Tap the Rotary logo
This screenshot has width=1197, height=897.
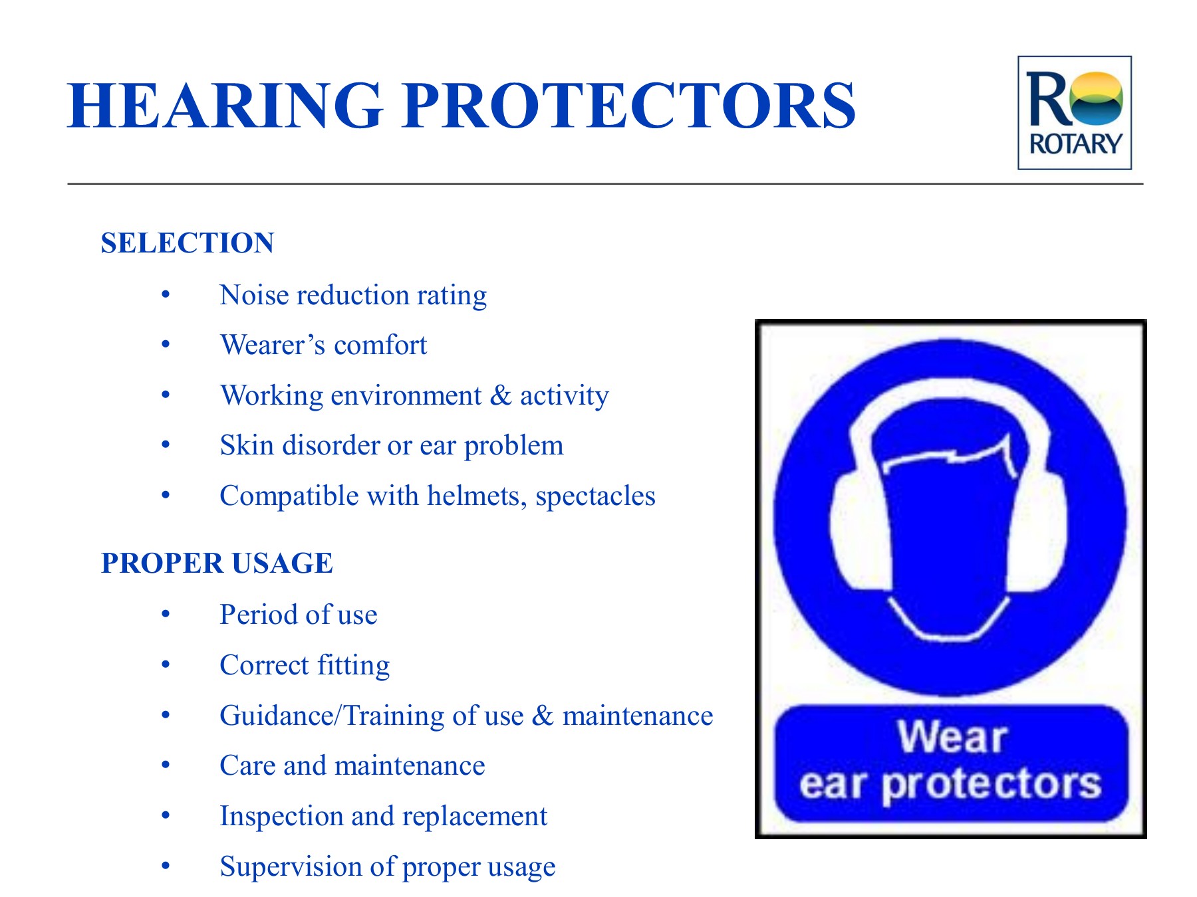coord(1074,112)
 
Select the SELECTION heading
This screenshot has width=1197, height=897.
coord(188,243)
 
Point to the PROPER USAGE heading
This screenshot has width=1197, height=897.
coord(217,563)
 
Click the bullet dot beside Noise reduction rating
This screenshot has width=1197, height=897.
coord(166,294)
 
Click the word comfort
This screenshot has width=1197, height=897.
coord(380,345)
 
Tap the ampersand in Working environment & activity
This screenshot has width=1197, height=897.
coord(500,395)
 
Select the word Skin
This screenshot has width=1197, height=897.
coord(247,445)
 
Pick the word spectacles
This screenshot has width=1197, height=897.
coord(595,496)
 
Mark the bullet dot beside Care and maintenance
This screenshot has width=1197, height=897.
coord(166,765)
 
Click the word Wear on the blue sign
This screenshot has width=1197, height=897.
coord(952,737)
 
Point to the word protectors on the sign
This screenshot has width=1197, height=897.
coord(991,785)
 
